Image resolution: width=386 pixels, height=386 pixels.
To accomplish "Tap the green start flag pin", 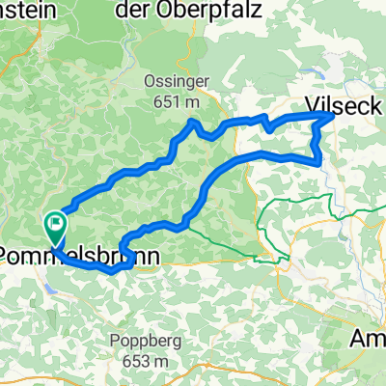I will coord(55,229).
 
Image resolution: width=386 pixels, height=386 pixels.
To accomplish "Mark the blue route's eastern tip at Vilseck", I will coord(331,115).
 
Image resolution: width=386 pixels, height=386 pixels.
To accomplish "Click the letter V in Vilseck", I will coord(309,103).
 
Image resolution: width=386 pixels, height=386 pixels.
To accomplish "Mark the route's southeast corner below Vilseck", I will coord(319,162).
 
